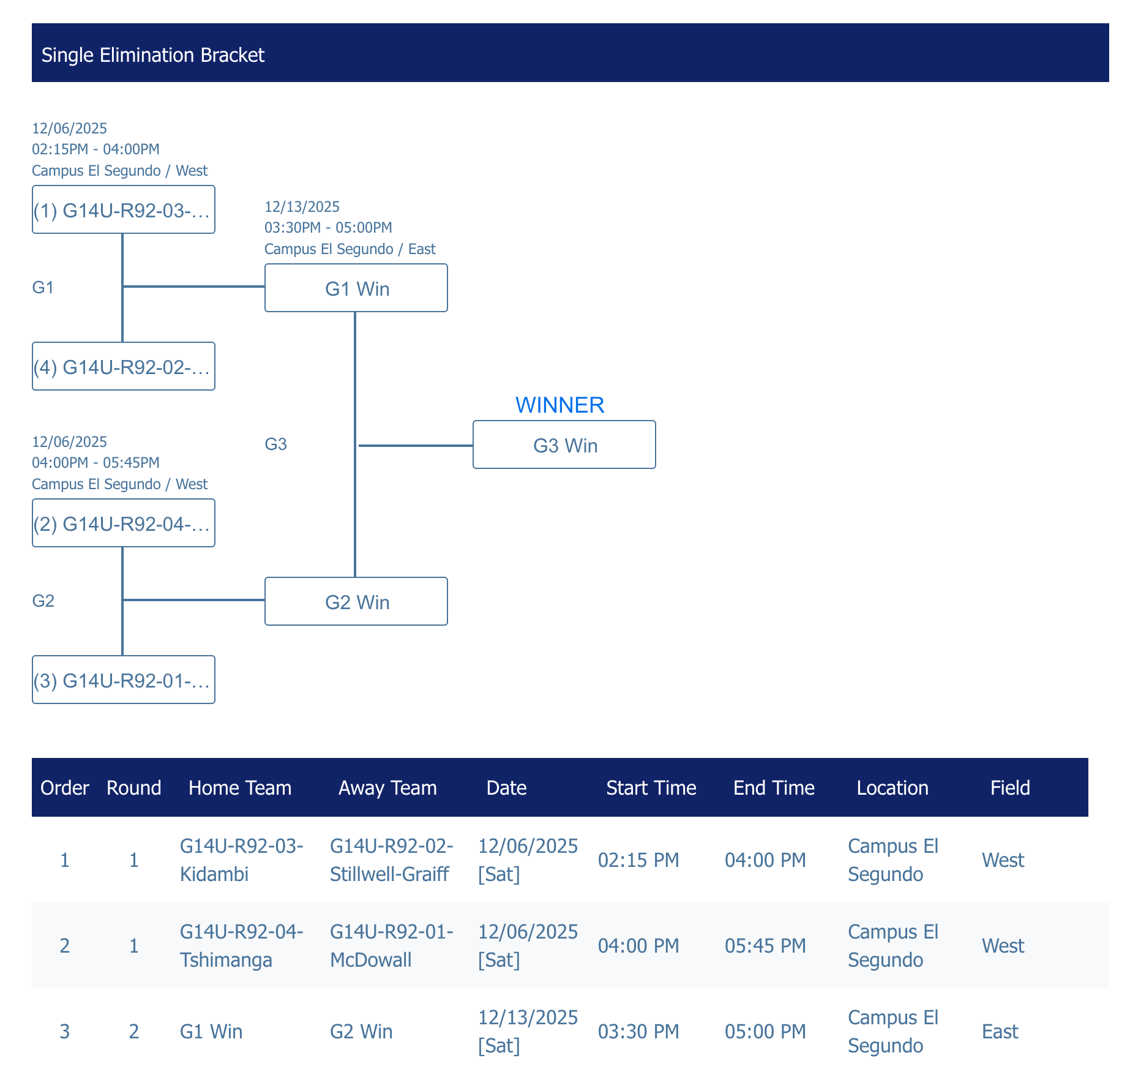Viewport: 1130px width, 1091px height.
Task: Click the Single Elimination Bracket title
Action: click(x=153, y=55)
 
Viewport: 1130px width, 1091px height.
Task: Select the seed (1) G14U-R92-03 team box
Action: click(x=124, y=210)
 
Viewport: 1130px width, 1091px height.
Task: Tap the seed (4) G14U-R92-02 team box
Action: click(x=124, y=367)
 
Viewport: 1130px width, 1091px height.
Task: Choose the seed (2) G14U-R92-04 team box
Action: click(x=124, y=523)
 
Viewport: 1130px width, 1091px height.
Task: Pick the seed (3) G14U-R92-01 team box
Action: click(x=124, y=680)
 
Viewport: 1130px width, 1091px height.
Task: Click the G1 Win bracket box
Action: click(x=356, y=288)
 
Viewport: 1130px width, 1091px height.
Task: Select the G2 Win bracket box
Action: click(x=356, y=602)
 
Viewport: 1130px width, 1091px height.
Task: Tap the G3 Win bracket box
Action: click(x=564, y=445)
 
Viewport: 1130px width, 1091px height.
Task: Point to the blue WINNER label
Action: click(x=559, y=405)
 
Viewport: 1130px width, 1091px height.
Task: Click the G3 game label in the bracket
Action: click(x=275, y=444)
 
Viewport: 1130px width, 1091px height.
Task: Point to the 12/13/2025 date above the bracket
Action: click(x=302, y=206)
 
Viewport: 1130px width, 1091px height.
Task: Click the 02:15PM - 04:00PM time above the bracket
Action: click(x=95, y=149)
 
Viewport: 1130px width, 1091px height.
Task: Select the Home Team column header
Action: click(x=240, y=787)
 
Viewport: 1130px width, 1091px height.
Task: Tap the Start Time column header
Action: click(x=651, y=787)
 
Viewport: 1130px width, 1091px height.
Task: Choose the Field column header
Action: click(x=1010, y=787)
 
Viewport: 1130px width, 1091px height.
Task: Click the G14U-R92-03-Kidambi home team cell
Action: click(x=242, y=860)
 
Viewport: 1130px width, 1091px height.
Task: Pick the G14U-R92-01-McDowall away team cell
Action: click(x=392, y=945)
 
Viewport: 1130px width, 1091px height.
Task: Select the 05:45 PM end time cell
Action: click(x=765, y=945)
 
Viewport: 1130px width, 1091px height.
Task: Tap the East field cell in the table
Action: click(x=1000, y=1031)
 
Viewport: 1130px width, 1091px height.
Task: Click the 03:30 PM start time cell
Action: click(x=638, y=1031)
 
